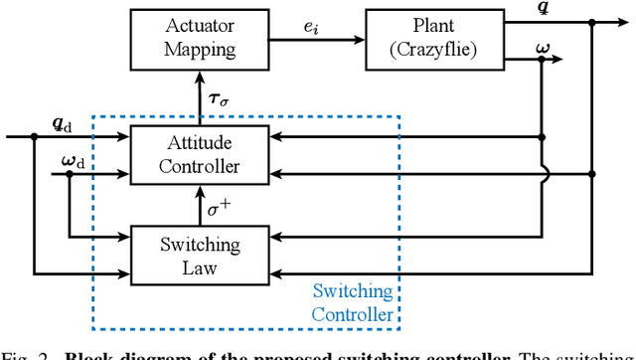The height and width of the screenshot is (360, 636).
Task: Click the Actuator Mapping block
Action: (x=200, y=39)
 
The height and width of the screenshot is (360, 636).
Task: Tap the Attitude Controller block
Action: (x=200, y=154)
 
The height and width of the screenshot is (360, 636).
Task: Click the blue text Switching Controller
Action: (x=353, y=303)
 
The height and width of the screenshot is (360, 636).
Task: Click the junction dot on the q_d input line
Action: (x=34, y=137)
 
